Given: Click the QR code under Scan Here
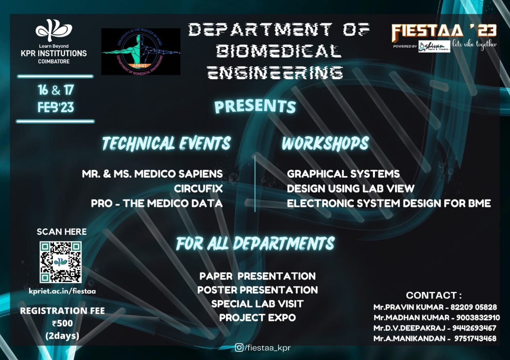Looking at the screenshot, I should coord(61,262).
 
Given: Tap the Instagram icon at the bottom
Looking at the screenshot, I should coord(239,348).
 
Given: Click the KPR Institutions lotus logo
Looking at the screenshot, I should coord(54,30).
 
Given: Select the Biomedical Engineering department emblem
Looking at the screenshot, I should coord(141,51).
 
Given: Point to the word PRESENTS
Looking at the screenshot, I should coord(255,106).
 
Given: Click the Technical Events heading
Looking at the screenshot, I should coord(166,143).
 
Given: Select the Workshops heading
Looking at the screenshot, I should coord(325,143).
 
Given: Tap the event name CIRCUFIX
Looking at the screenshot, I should coord(198,188).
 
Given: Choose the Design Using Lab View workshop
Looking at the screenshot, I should coord(351,188).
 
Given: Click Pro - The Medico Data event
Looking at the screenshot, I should coord(157,203).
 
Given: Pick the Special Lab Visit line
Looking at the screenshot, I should coord(257,303).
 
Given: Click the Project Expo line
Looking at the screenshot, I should coord(257,317).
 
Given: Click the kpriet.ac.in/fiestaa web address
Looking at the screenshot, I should coord(62,291).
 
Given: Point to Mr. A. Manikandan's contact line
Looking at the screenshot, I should coord(435,338).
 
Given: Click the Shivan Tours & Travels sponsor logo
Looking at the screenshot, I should coord(434,46).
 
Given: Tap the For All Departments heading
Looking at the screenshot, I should coord(255,243).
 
